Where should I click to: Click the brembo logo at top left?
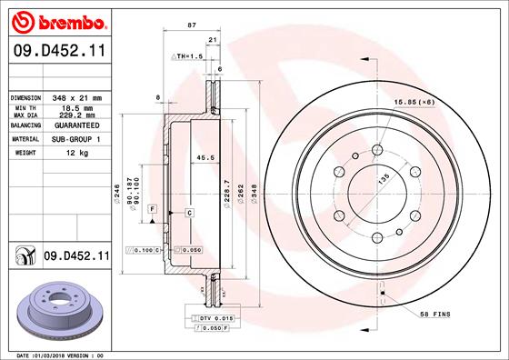tap(57, 21)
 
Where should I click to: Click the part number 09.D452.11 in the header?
tap(57, 53)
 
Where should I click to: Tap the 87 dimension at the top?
tap(191, 26)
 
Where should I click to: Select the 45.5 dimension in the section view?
tap(205, 157)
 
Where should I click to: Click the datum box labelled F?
tap(153, 209)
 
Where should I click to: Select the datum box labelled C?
tap(189, 212)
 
